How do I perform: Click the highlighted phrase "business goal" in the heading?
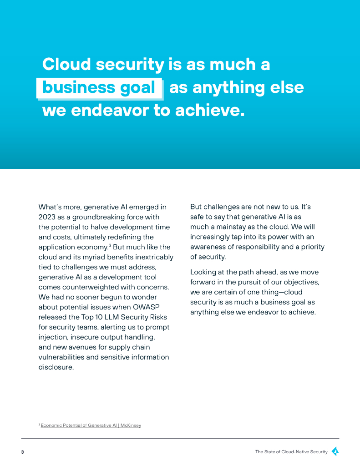(x=99, y=87)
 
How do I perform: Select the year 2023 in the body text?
(x=47, y=217)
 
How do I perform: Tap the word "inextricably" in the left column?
(x=153, y=257)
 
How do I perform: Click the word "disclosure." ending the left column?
(x=56, y=367)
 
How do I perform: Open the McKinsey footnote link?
(x=91, y=425)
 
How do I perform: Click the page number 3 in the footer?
(x=22, y=452)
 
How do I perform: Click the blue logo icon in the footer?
(x=335, y=451)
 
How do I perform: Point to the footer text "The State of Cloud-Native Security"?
(x=291, y=452)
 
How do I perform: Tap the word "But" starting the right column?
(x=196, y=207)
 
